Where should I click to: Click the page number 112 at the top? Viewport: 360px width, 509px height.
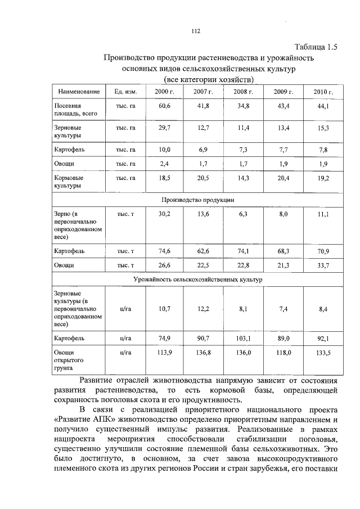point(195,31)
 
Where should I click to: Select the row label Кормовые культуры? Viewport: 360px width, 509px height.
point(68,181)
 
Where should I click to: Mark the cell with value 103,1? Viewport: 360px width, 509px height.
point(244,339)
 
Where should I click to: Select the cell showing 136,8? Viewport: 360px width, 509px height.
point(204,353)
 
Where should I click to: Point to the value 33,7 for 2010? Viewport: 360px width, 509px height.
point(323,264)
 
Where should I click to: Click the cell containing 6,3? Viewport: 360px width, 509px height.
point(244,214)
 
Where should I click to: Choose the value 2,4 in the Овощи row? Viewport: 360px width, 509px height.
point(165,164)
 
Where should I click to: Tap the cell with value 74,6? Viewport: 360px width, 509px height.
point(165,250)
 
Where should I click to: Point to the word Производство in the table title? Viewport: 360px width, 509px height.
point(128,58)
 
